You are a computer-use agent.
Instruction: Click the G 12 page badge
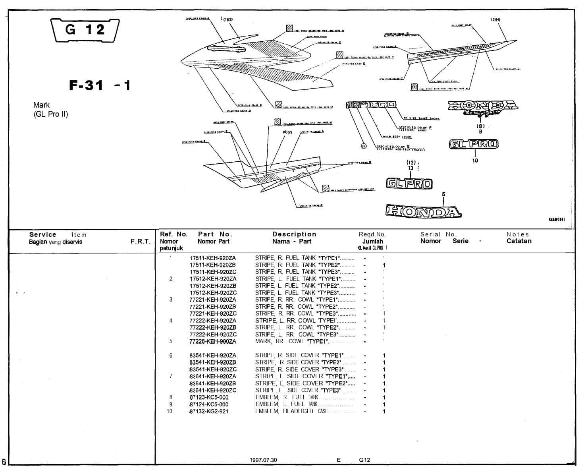(86, 30)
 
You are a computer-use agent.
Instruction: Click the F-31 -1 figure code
(100, 85)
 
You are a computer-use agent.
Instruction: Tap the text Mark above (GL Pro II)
(41, 105)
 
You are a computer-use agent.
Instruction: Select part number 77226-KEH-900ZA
(213, 341)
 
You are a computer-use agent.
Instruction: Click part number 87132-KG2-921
(209, 411)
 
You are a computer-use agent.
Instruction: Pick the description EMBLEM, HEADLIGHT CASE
(291, 411)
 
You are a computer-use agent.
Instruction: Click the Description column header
(294, 234)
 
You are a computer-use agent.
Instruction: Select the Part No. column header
(215, 234)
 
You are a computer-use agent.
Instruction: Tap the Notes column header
(518, 234)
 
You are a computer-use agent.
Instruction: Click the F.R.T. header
(141, 241)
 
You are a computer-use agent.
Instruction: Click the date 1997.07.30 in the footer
(263, 460)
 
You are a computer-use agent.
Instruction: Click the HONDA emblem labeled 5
(423, 211)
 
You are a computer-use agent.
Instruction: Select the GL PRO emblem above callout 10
(474, 144)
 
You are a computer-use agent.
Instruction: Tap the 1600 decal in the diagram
(381, 105)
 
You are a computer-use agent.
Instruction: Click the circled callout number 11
(363, 146)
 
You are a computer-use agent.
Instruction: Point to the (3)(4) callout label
(495, 19)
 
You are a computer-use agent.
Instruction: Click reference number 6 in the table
(171, 356)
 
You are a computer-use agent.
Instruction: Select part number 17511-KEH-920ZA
(213, 258)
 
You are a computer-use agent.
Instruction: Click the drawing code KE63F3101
(557, 219)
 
